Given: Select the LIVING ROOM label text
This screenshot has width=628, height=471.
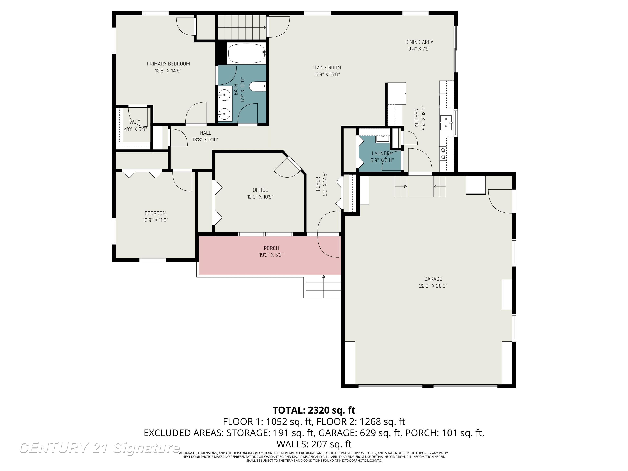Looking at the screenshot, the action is tap(327, 68).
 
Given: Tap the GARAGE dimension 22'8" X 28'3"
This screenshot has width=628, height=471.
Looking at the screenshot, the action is tap(433, 286).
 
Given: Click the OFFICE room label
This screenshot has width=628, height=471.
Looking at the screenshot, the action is tap(260, 190).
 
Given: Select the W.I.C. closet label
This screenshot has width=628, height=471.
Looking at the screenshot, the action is tap(135, 122).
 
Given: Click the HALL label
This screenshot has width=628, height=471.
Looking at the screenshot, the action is tap(205, 133).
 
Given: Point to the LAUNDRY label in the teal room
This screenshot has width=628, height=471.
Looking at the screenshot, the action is tap(382, 153).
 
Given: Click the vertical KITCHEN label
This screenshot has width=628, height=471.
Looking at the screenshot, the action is tap(416, 118).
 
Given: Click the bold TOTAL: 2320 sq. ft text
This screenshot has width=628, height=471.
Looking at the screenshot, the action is tap(314, 410).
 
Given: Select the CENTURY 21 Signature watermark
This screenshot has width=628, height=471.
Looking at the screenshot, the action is tap(99, 448).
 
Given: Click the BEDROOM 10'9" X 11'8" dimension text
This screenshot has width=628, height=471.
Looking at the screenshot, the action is tap(155, 220).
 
